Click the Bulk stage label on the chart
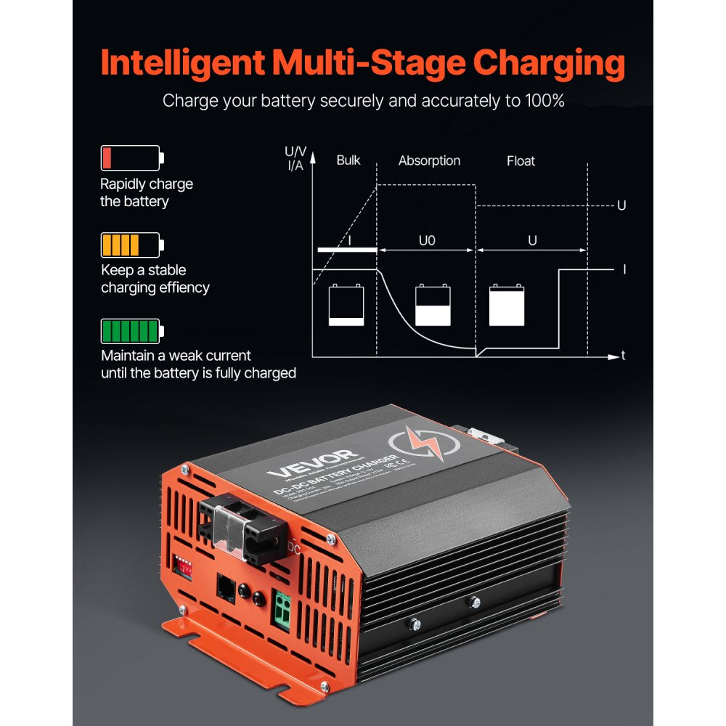[348, 160]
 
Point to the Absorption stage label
[429, 160]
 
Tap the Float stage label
[521, 160]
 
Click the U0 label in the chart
[427, 240]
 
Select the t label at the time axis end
[623, 356]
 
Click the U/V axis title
[295, 152]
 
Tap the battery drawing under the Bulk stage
[346, 305]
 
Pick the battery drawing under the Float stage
[506, 305]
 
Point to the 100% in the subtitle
[543, 101]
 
